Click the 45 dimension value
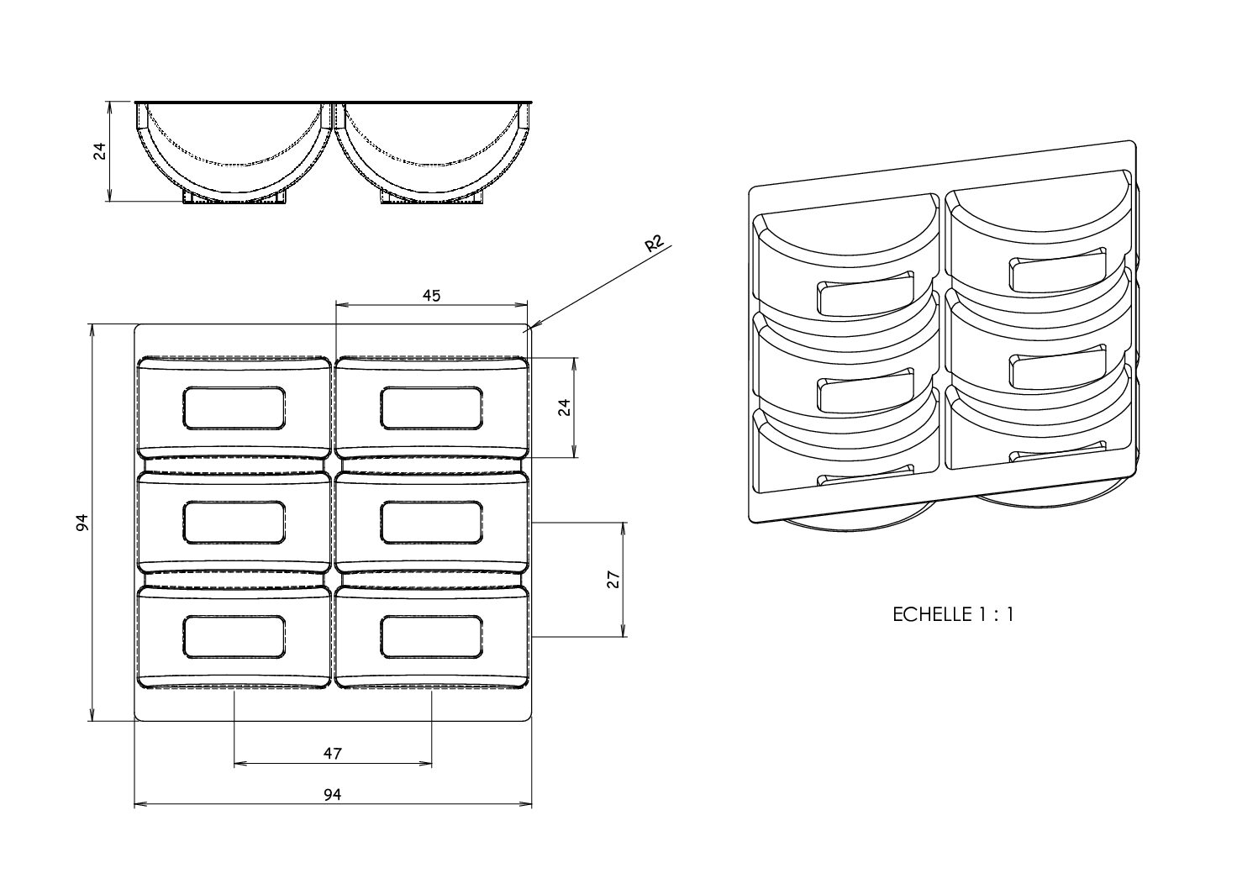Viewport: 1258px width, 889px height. point(432,295)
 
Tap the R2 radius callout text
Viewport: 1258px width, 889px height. point(654,245)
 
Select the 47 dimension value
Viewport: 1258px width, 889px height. point(333,754)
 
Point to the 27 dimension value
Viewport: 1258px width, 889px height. point(613,579)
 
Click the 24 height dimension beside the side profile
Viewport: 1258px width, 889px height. point(99,151)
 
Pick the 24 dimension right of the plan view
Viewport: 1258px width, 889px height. point(565,408)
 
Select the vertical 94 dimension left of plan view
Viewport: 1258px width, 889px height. point(82,522)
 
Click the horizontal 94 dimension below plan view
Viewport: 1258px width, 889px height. point(333,794)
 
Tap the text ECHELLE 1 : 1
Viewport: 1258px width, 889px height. point(953,614)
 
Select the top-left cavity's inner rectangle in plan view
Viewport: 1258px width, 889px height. point(234,408)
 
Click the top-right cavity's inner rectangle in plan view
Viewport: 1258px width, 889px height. point(432,408)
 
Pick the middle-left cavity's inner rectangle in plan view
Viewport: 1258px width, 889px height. point(234,522)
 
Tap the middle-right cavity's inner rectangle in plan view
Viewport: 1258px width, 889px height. point(432,522)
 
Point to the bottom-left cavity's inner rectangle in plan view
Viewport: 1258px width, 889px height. point(234,636)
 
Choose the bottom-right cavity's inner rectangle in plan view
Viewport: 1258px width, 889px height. point(432,636)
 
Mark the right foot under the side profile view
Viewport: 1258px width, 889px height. point(432,197)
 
